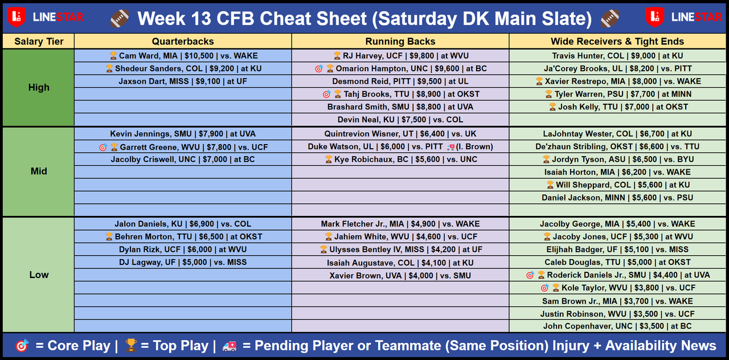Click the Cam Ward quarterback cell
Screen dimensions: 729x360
point(183,56)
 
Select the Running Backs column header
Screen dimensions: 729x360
point(400,42)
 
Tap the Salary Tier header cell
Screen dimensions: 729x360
point(39,42)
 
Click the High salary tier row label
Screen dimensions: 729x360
point(39,87)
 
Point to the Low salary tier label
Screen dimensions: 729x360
point(39,275)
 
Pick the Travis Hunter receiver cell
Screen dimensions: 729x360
point(617,56)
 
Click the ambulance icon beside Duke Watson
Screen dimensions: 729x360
point(450,147)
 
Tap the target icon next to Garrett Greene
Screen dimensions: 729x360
point(103,148)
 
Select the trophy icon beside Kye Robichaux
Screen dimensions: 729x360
point(329,159)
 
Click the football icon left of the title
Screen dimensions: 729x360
point(120,18)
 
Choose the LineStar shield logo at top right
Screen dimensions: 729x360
point(655,17)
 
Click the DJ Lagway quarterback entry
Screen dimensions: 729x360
point(183,262)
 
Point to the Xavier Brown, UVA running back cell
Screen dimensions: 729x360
point(400,275)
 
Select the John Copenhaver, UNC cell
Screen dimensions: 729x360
point(617,326)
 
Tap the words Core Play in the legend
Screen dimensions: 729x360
point(79,346)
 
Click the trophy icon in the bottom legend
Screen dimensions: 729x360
point(131,345)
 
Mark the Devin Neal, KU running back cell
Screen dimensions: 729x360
point(400,120)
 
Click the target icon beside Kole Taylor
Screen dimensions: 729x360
point(544,288)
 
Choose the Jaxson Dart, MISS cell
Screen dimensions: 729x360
point(183,81)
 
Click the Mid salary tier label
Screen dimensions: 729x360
point(39,171)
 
